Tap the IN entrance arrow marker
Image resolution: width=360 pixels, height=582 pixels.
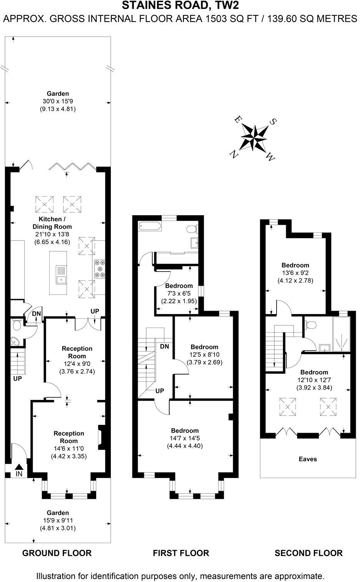coord(19,467)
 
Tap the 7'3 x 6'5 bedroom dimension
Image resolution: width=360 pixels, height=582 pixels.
coord(179,293)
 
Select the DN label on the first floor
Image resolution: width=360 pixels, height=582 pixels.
coord(164,346)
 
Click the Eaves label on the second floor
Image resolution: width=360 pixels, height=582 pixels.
coord(308,459)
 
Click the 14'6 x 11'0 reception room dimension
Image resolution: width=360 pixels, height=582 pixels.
coord(68,448)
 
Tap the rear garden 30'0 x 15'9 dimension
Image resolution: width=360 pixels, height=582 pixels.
coord(58,101)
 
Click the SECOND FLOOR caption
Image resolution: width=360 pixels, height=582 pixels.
coord(308,553)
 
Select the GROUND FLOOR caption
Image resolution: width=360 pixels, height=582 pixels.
coord(57,553)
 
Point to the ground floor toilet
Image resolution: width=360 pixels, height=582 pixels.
coord(17,326)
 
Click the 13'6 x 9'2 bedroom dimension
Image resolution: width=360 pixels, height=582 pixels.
coord(295,273)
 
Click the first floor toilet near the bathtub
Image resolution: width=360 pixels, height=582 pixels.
coord(191,229)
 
